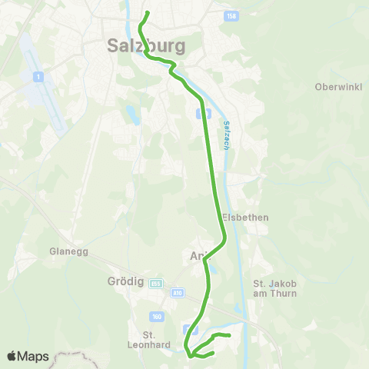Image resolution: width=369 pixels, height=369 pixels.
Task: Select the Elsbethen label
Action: click(x=245, y=218)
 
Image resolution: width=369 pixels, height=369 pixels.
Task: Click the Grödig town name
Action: click(x=122, y=281)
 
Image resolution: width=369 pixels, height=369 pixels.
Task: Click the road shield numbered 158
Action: click(x=232, y=16)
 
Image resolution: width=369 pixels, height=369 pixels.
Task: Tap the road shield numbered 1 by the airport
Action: click(x=36, y=76)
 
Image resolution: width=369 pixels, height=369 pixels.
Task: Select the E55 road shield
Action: click(x=156, y=281)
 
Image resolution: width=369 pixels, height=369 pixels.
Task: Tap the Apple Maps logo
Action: click(x=28, y=356)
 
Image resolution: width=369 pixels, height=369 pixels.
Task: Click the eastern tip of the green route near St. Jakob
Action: click(x=230, y=335)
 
